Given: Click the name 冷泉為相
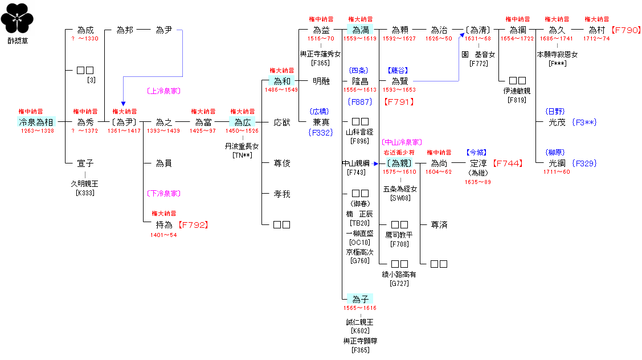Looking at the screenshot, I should tap(37, 122).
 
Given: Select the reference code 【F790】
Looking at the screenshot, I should tap(625, 30).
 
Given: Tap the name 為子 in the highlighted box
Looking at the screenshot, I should tap(360, 299).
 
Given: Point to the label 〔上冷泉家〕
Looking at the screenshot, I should tap(163, 91).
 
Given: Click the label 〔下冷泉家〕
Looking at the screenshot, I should tap(163, 193).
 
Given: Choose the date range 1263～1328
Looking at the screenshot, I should tap(37, 131).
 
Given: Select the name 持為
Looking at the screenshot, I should tap(164, 225).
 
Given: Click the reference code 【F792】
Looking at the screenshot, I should tap(193, 225).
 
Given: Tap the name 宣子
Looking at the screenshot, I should tap(85, 163).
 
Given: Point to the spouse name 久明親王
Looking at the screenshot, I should tap(85, 184).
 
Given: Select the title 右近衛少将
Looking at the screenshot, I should tap(399, 153).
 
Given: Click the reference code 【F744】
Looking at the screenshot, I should tap(507, 163).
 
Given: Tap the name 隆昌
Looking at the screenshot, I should tap(360, 81).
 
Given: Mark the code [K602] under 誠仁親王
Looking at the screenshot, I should tap(360, 331).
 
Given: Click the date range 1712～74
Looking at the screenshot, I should tap(596, 39).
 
